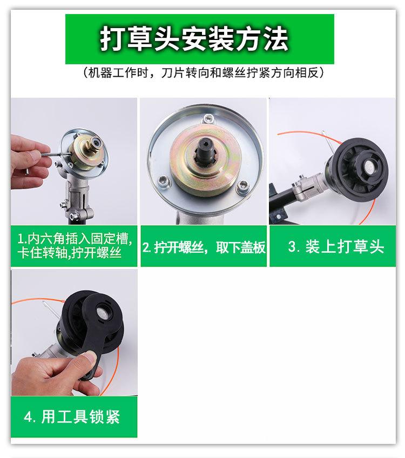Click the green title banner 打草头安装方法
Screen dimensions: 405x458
199,39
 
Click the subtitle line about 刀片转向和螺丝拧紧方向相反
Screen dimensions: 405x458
204,72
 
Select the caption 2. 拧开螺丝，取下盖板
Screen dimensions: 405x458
204,247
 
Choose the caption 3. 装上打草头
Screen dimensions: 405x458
336,246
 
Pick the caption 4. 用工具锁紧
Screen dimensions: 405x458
72,416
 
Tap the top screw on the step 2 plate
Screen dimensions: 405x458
208,119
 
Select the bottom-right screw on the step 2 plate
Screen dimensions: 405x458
242,186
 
